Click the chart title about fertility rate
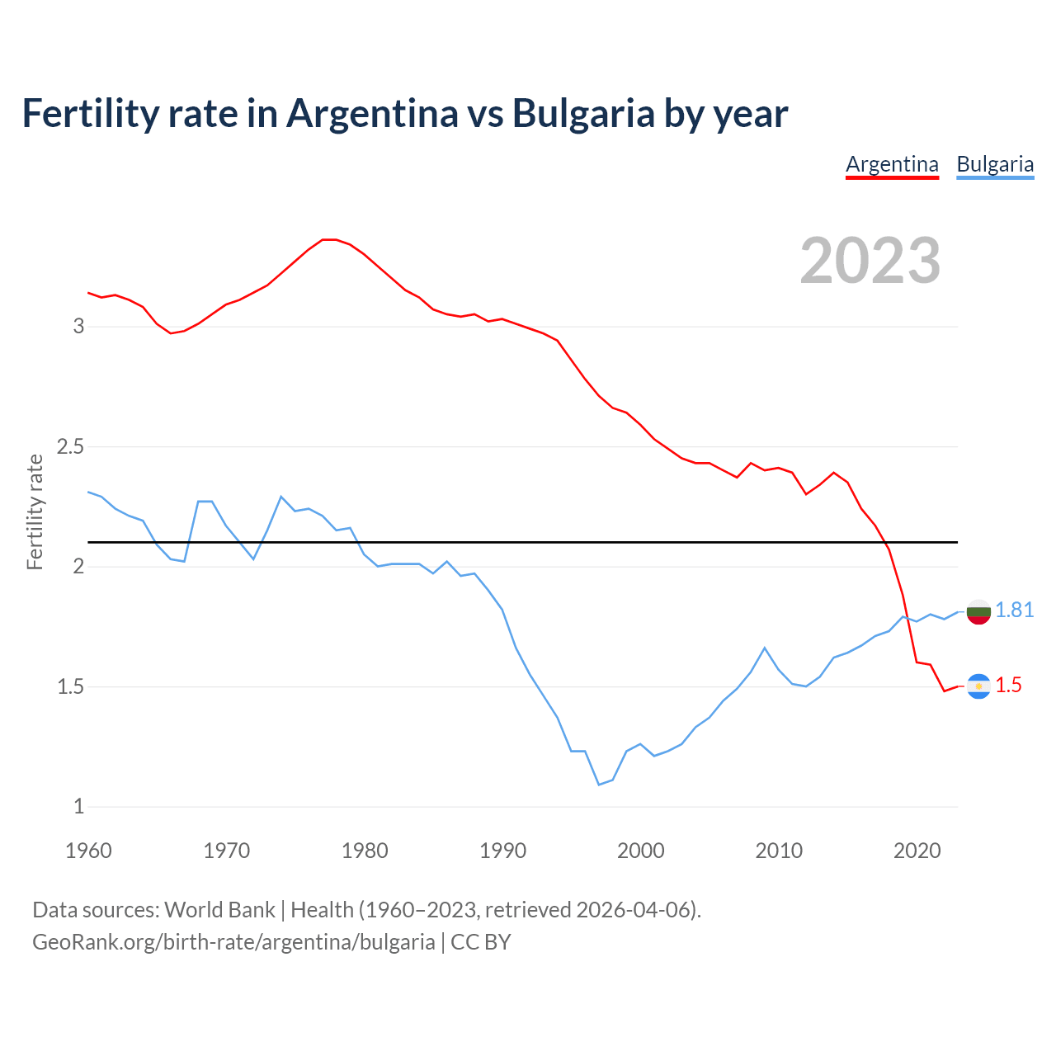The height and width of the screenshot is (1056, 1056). point(404,113)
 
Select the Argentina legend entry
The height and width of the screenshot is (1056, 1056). point(892,164)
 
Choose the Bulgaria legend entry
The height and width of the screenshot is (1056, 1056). point(995,164)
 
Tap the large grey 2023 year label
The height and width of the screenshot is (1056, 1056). point(870,261)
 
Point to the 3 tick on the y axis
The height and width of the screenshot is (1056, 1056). point(79,326)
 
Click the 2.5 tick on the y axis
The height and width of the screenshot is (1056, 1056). point(71,446)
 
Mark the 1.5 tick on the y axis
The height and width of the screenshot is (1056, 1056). point(71,686)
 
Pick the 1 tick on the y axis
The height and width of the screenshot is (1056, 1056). point(79,806)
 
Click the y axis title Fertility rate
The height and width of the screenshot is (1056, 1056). point(35,511)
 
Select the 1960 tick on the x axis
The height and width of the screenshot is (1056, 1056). point(88,851)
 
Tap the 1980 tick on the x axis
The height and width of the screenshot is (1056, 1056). point(365,851)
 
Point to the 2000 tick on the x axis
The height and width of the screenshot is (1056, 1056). point(640,851)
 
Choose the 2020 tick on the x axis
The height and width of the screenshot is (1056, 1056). point(917,851)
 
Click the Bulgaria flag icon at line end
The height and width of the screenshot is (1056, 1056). point(978,611)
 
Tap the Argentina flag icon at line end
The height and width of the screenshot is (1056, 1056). point(978,686)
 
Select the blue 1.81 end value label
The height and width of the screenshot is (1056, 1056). point(1014,610)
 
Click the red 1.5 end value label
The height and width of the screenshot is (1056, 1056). point(1008,685)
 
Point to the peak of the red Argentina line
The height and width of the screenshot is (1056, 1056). point(328,239)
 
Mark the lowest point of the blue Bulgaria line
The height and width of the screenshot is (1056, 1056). point(599,785)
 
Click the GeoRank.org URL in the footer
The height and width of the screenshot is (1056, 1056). point(233,941)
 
